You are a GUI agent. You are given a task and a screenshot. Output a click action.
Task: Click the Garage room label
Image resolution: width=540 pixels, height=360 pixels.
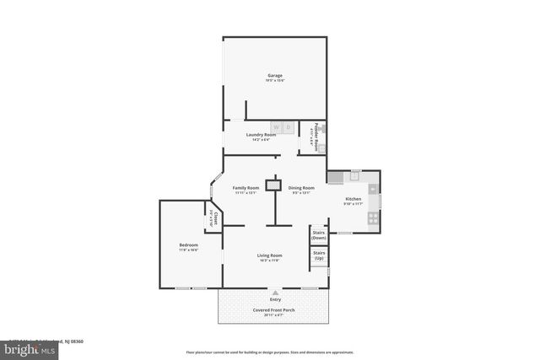[275, 76]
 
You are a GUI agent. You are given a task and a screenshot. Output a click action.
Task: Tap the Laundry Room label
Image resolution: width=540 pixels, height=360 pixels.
[261, 135]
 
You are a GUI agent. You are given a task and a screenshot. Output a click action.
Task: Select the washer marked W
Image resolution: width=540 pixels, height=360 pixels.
[276, 127]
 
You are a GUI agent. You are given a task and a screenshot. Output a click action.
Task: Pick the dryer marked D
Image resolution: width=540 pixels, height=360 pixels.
[288, 127]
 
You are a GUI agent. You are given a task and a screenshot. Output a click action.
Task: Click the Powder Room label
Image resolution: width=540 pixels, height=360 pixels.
[316, 135]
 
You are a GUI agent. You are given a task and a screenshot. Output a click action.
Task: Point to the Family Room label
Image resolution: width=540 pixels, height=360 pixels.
[246, 188]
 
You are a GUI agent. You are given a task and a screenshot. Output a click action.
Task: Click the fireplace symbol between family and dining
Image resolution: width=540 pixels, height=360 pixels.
[273, 185]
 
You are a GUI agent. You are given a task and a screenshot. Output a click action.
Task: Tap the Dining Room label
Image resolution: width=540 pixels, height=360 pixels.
[301, 188]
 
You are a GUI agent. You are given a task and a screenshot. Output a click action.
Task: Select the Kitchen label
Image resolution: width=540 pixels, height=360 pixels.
[353, 199]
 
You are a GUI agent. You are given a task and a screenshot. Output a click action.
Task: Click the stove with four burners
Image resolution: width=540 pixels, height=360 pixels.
[373, 218]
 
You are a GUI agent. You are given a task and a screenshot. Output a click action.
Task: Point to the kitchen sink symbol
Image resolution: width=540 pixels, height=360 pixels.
[355, 175]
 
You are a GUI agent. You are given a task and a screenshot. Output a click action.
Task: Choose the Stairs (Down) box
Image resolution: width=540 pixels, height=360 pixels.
[319, 234]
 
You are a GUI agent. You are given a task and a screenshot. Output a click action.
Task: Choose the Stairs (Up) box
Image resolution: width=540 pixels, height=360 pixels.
[319, 255]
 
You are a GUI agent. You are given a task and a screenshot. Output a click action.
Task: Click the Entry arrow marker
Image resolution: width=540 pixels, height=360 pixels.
[275, 293]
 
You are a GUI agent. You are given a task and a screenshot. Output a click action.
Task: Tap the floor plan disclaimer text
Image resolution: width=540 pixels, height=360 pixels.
[271, 352]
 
